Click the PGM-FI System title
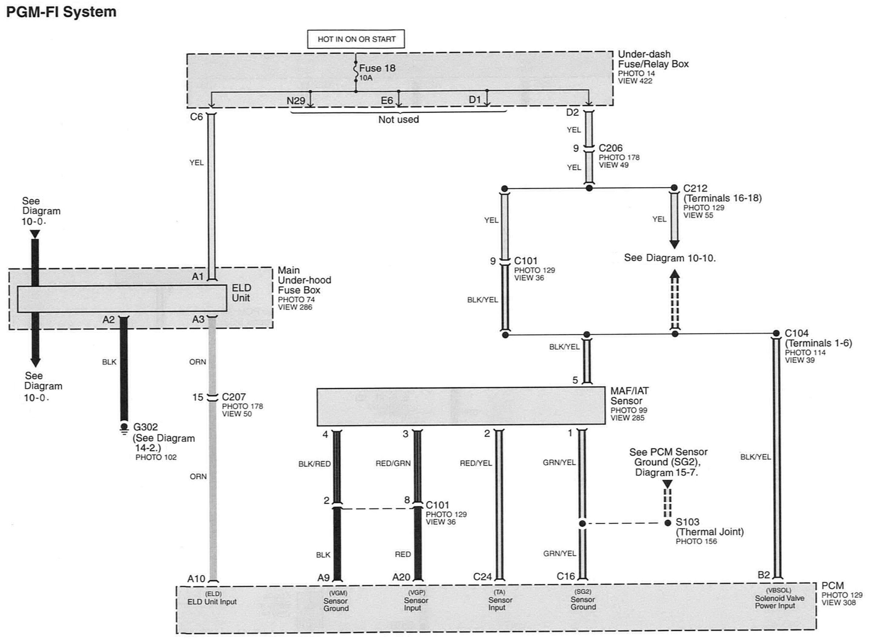(x=61, y=12)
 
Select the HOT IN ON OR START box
(x=356, y=39)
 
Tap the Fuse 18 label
(x=377, y=68)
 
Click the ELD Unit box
(x=122, y=298)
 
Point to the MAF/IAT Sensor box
(x=461, y=406)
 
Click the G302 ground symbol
(x=124, y=428)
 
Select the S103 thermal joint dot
(x=668, y=523)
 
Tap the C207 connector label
(x=234, y=397)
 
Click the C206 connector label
(x=610, y=148)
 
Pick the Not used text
(x=399, y=119)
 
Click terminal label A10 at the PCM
(x=196, y=578)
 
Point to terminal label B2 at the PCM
(x=764, y=575)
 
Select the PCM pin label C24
(x=483, y=577)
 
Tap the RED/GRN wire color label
(x=393, y=463)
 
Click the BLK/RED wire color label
(x=314, y=464)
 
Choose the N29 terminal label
(x=296, y=101)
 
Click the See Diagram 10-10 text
(x=670, y=258)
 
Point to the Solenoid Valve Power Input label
(x=779, y=602)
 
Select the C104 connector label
(x=797, y=333)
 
